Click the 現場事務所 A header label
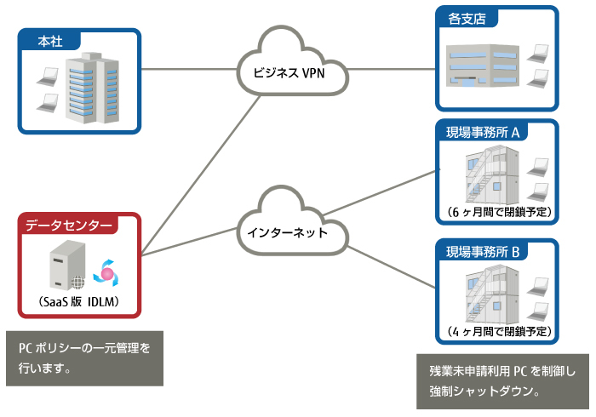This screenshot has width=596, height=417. click(x=488, y=132)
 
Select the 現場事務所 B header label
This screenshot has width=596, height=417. click(x=488, y=252)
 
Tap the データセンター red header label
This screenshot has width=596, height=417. click(x=68, y=226)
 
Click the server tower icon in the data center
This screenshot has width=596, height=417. click(x=63, y=264)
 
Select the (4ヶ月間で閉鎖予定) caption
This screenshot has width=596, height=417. click(x=498, y=330)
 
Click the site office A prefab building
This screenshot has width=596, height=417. click(x=490, y=174)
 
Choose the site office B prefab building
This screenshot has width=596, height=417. click(x=490, y=294)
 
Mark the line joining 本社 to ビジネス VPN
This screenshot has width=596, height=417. click(x=187, y=69)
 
